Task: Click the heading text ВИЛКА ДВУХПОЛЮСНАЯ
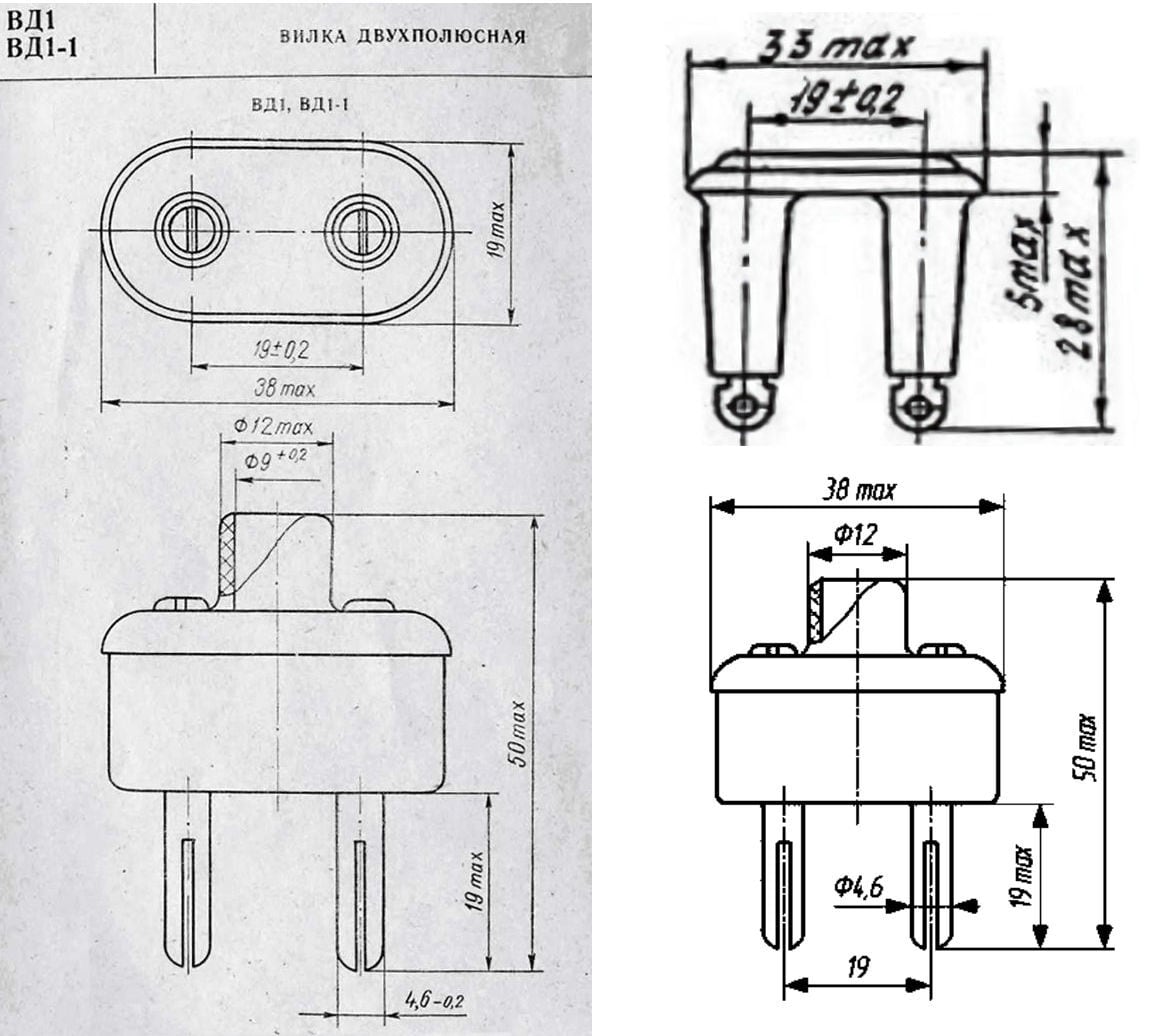[402, 36]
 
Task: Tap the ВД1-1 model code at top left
[42, 48]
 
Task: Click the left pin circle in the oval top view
[191, 229]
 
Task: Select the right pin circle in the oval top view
[362, 229]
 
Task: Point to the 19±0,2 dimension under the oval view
[280, 349]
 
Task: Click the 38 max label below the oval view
[285, 388]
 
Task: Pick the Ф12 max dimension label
[273, 426]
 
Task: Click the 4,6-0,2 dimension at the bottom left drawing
[434, 1000]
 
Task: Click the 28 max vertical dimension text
[1072, 290]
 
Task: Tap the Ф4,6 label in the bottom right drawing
[858, 886]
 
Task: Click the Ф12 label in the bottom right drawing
[855, 534]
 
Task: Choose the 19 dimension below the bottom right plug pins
[857, 967]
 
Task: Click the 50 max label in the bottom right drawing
[1085, 748]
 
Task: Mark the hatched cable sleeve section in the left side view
[227, 562]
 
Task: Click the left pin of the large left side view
[187, 879]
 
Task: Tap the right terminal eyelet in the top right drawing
[919, 406]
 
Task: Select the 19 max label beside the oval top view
[496, 229]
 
